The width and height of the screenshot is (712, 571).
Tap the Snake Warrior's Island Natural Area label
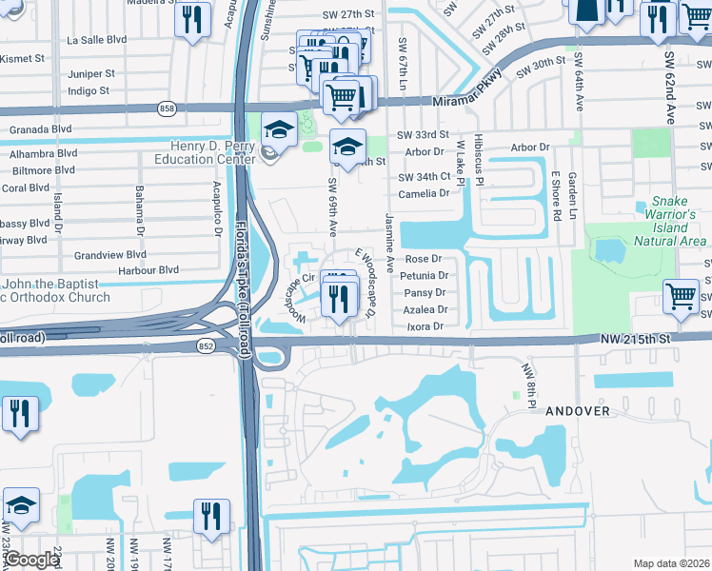(x=677, y=221)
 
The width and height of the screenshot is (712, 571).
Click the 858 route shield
(x=168, y=109)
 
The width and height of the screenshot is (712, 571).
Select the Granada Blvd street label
(x=41, y=128)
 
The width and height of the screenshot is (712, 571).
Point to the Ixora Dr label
(x=425, y=326)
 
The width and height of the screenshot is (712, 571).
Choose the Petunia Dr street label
(x=424, y=275)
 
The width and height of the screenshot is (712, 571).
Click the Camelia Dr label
(x=424, y=193)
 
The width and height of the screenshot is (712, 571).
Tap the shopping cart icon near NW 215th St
(x=681, y=297)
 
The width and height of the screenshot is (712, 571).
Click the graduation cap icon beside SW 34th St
(x=348, y=147)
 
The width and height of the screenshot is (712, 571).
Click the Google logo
(x=32, y=560)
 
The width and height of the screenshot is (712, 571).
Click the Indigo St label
(x=89, y=91)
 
